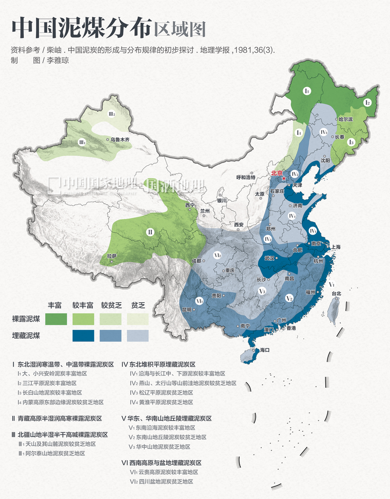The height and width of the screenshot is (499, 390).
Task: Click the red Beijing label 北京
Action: click(x=277, y=173)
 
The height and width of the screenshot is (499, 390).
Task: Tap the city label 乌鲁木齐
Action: click(x=120, y=139)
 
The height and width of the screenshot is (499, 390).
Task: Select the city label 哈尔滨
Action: click(x=345, y=119)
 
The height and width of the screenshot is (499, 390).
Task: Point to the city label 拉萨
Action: click(x=112, y=256)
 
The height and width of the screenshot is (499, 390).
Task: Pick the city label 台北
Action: click(x=336, y=293)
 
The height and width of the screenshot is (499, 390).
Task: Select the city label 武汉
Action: click(x=270, y=258)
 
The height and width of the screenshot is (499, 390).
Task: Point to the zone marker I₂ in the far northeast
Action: click(x=368, y=103)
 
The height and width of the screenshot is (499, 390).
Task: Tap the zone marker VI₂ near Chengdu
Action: click(x=217, y=254)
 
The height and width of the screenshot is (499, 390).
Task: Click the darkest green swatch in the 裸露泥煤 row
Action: click(x=56, y=319)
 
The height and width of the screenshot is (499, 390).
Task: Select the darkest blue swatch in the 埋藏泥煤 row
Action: click(x=83, y=336)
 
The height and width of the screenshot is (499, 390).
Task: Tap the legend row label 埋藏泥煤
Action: click(x=26, y=336)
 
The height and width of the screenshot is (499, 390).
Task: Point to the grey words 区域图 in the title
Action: click(x=179, y=29)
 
